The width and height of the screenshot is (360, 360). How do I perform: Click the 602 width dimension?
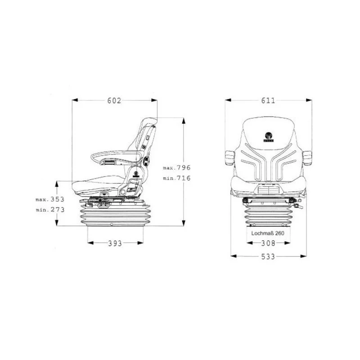click(114, 100)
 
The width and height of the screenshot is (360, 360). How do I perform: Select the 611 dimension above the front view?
click(268, 100)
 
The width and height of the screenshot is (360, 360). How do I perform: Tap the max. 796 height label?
click(177, 167)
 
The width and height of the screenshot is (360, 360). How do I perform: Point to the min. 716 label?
click(177, 178)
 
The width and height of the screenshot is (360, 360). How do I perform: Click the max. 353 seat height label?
click(50, 199)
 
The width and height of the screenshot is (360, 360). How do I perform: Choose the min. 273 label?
click(50, 210)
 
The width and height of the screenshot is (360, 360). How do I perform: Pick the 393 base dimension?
click(115, 243)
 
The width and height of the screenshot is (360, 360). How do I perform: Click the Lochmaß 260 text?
click(268, 233)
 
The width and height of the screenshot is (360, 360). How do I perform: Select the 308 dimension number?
click(268, 243)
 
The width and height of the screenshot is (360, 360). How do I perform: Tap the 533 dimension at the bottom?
click(268, 256)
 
